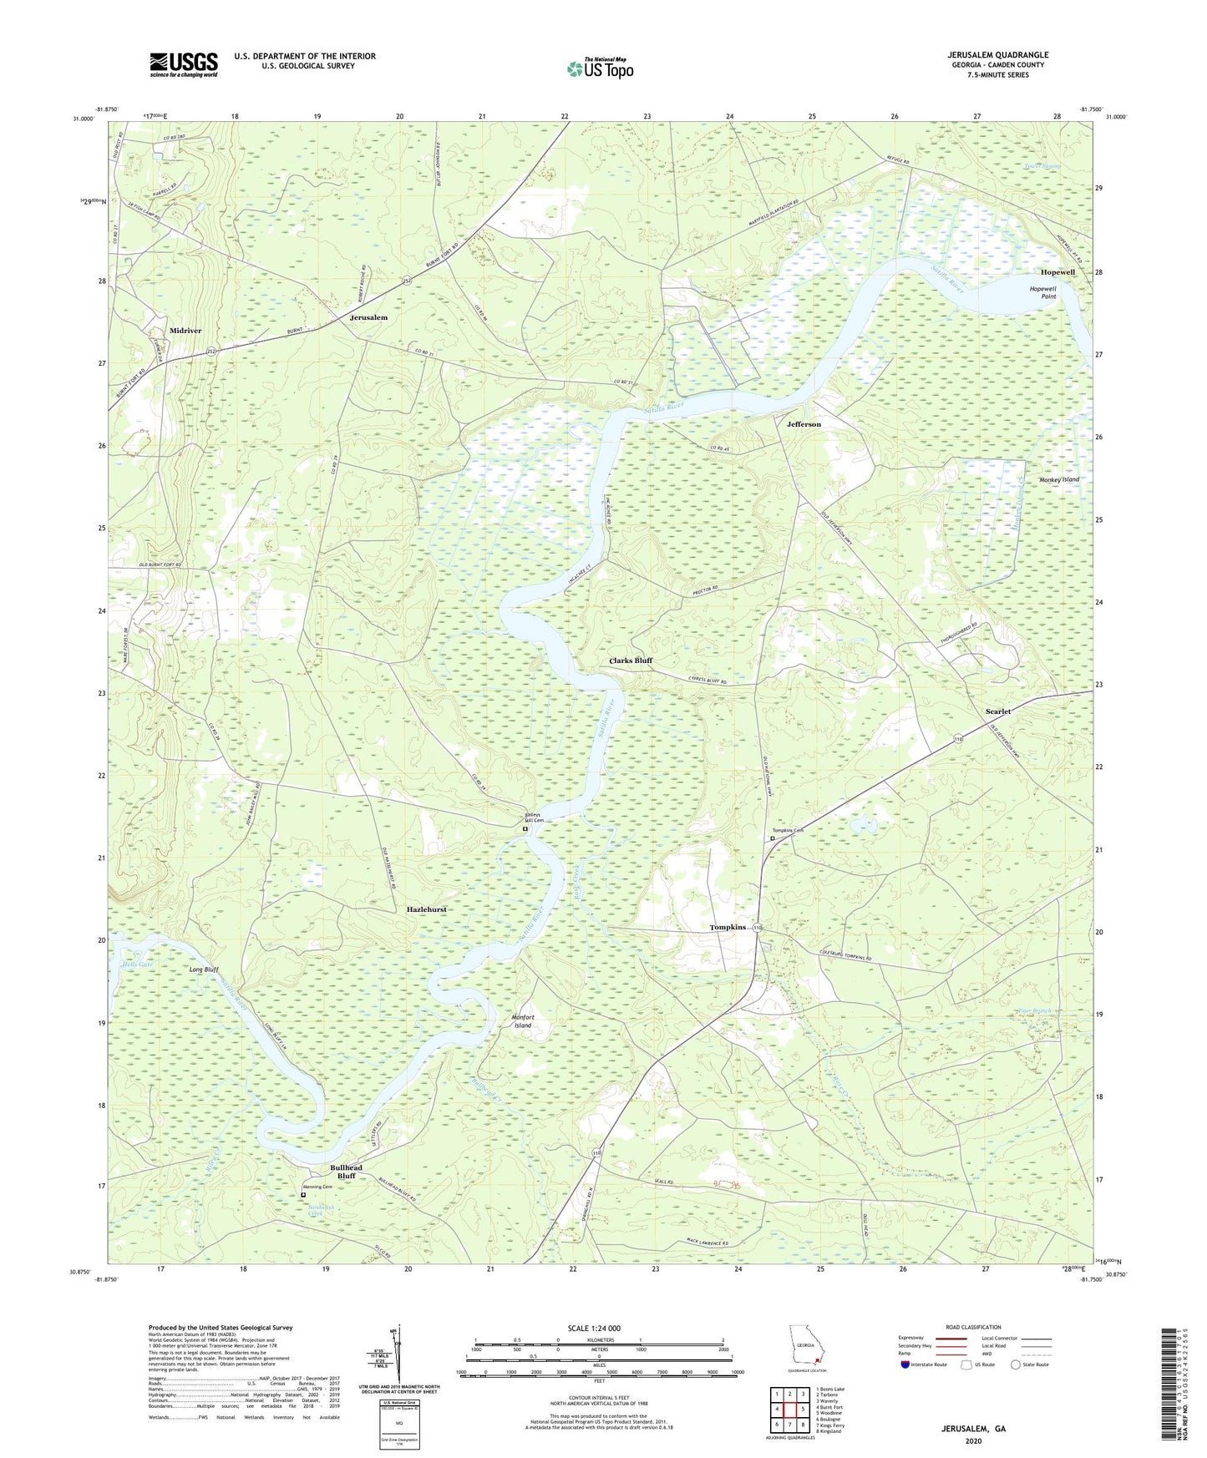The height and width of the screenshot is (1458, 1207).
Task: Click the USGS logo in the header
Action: [183, 64]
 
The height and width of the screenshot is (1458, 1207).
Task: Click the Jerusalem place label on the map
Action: [368, 318]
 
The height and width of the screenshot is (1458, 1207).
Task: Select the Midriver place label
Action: [185, 331]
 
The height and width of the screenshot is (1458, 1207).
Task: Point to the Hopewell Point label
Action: [1042, 292]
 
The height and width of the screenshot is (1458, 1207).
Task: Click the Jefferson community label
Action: [804, 424]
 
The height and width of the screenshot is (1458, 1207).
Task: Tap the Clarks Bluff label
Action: [631, 661]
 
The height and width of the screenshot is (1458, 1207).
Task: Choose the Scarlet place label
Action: [997, 711]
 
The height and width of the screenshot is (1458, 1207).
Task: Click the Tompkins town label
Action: [727, 928]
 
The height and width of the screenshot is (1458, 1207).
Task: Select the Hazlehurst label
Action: [426, 909]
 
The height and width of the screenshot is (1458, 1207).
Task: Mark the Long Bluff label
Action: [204, 969]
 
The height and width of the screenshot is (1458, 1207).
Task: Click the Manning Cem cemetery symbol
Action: [303, 1195]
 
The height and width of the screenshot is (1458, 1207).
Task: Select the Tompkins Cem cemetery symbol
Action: [773, 839]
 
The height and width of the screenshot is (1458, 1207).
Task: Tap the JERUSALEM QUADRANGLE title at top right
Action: [997, 55]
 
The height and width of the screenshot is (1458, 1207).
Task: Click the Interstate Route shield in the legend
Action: [906, 1364]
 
